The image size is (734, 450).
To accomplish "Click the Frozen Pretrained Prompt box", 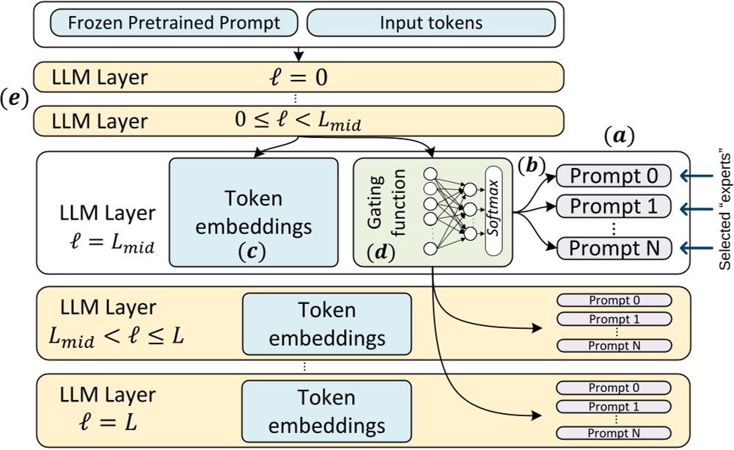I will [x=174, y=22].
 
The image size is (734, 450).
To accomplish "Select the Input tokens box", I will [x=430, y=22].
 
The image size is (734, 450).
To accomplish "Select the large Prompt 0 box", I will [x=614, y=175].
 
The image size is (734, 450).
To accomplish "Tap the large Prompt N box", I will [x=614, y=247].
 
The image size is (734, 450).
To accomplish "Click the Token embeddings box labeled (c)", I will [x=254, y=212].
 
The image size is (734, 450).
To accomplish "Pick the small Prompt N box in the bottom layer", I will [x=614, y=434].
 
